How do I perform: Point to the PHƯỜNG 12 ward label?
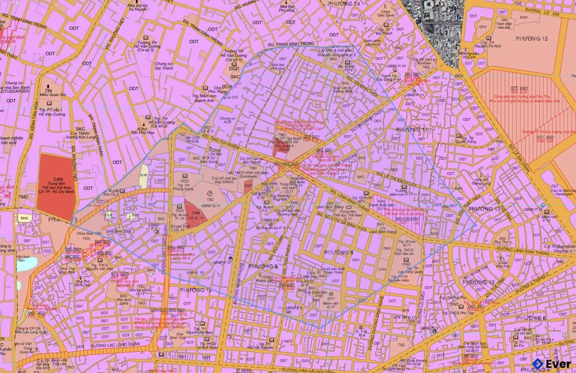coord(478,282)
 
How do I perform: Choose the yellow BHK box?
coord(25,218)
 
